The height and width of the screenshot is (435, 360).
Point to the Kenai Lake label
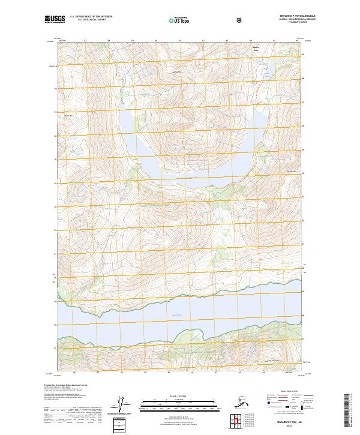point(176,315)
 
